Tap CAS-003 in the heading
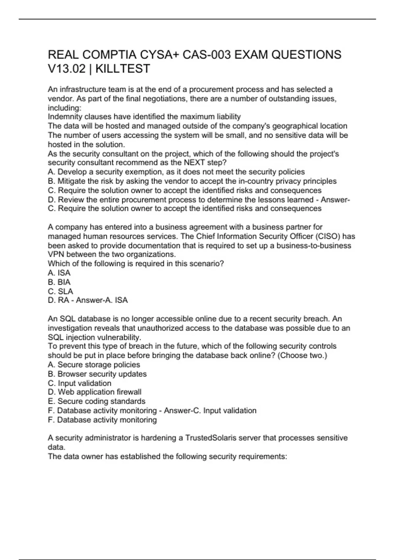click(x=207, y=54)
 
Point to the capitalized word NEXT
click(x=195, y=163)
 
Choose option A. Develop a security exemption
click(x=176, y=172)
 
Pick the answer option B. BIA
click(x=59, y=282)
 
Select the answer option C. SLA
click(x=61, y=291)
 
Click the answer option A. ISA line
click(x=59, y=273)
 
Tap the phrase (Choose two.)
click(x=303, y=355)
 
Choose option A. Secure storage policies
click(x=94, y=365)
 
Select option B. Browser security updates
click(x=97, y=374)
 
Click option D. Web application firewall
click(x=94, y=392)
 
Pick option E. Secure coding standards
click(x=96, y=401)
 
